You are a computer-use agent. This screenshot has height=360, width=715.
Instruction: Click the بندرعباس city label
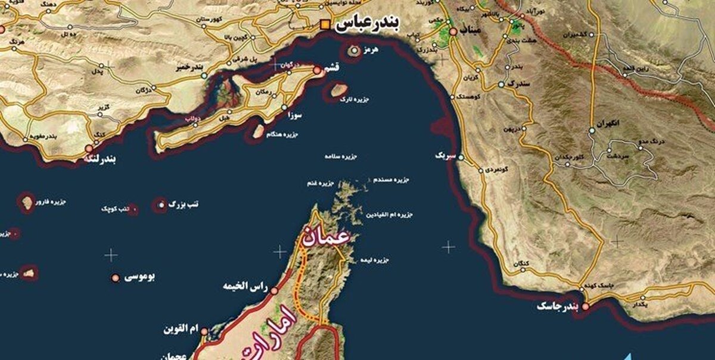368,24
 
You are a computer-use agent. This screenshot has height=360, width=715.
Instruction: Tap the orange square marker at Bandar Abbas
325,24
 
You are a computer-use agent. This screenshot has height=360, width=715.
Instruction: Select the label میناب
474,31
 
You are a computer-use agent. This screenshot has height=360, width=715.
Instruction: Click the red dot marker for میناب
454,31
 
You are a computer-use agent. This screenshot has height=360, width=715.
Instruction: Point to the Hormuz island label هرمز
371,51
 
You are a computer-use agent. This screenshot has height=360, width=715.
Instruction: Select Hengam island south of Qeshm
259,131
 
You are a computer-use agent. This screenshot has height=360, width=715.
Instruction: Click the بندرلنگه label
105,160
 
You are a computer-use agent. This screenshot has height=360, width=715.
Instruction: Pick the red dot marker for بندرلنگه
89,148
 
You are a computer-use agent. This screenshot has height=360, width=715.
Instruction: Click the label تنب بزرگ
184,204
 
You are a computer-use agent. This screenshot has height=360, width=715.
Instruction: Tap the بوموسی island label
139,277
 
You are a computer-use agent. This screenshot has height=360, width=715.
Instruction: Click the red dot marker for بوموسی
115,278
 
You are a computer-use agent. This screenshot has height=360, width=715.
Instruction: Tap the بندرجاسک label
558,306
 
